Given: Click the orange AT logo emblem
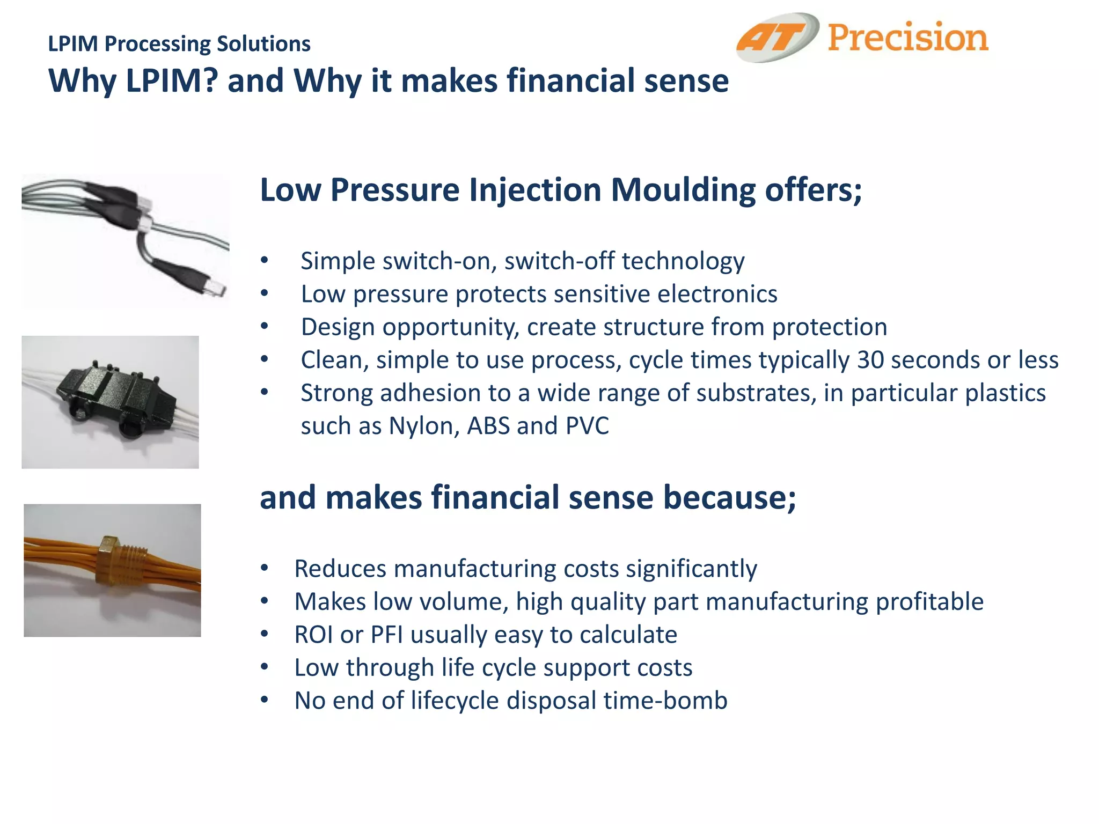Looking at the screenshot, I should pyautogui.click(x=777, y=38).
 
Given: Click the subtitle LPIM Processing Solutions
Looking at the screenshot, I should pyautogui.click(x=179, y=44).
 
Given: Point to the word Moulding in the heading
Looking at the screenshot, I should pyautogui.click(x=683, y=190).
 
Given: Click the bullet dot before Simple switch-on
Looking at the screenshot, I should pyautogui.click(x=264, y=261).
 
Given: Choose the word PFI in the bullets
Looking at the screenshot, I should pyautogui.click(x=387, y=635).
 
